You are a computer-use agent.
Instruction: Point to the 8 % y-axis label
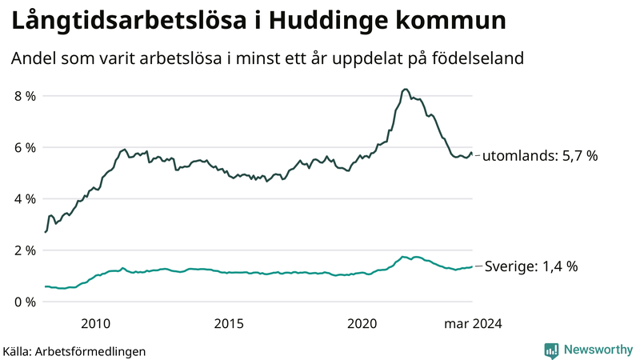[x=25, y=96]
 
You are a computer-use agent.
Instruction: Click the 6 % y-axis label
[x=25, y=147]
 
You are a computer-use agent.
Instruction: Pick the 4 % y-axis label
[x=25, y=198]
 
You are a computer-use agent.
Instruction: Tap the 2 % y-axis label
[x=25, y=250]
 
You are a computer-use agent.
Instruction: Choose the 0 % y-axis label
[x=25, y=302]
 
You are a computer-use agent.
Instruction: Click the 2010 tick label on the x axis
[x=95, y=323]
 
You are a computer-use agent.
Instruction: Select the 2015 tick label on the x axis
[x=229, y=323]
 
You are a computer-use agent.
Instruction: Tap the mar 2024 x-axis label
[x=473, y=323]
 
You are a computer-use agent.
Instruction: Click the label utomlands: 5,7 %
[x=540, y=156]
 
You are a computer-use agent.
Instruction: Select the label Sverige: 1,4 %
[x=532, y=266]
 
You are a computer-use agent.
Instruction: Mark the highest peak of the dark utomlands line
[x=406, y=90]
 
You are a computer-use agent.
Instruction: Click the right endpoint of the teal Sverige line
[x=472, y=266]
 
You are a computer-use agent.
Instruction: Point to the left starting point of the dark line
[x=46, y=232]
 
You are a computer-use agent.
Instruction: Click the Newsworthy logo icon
[x=551, y=350]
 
